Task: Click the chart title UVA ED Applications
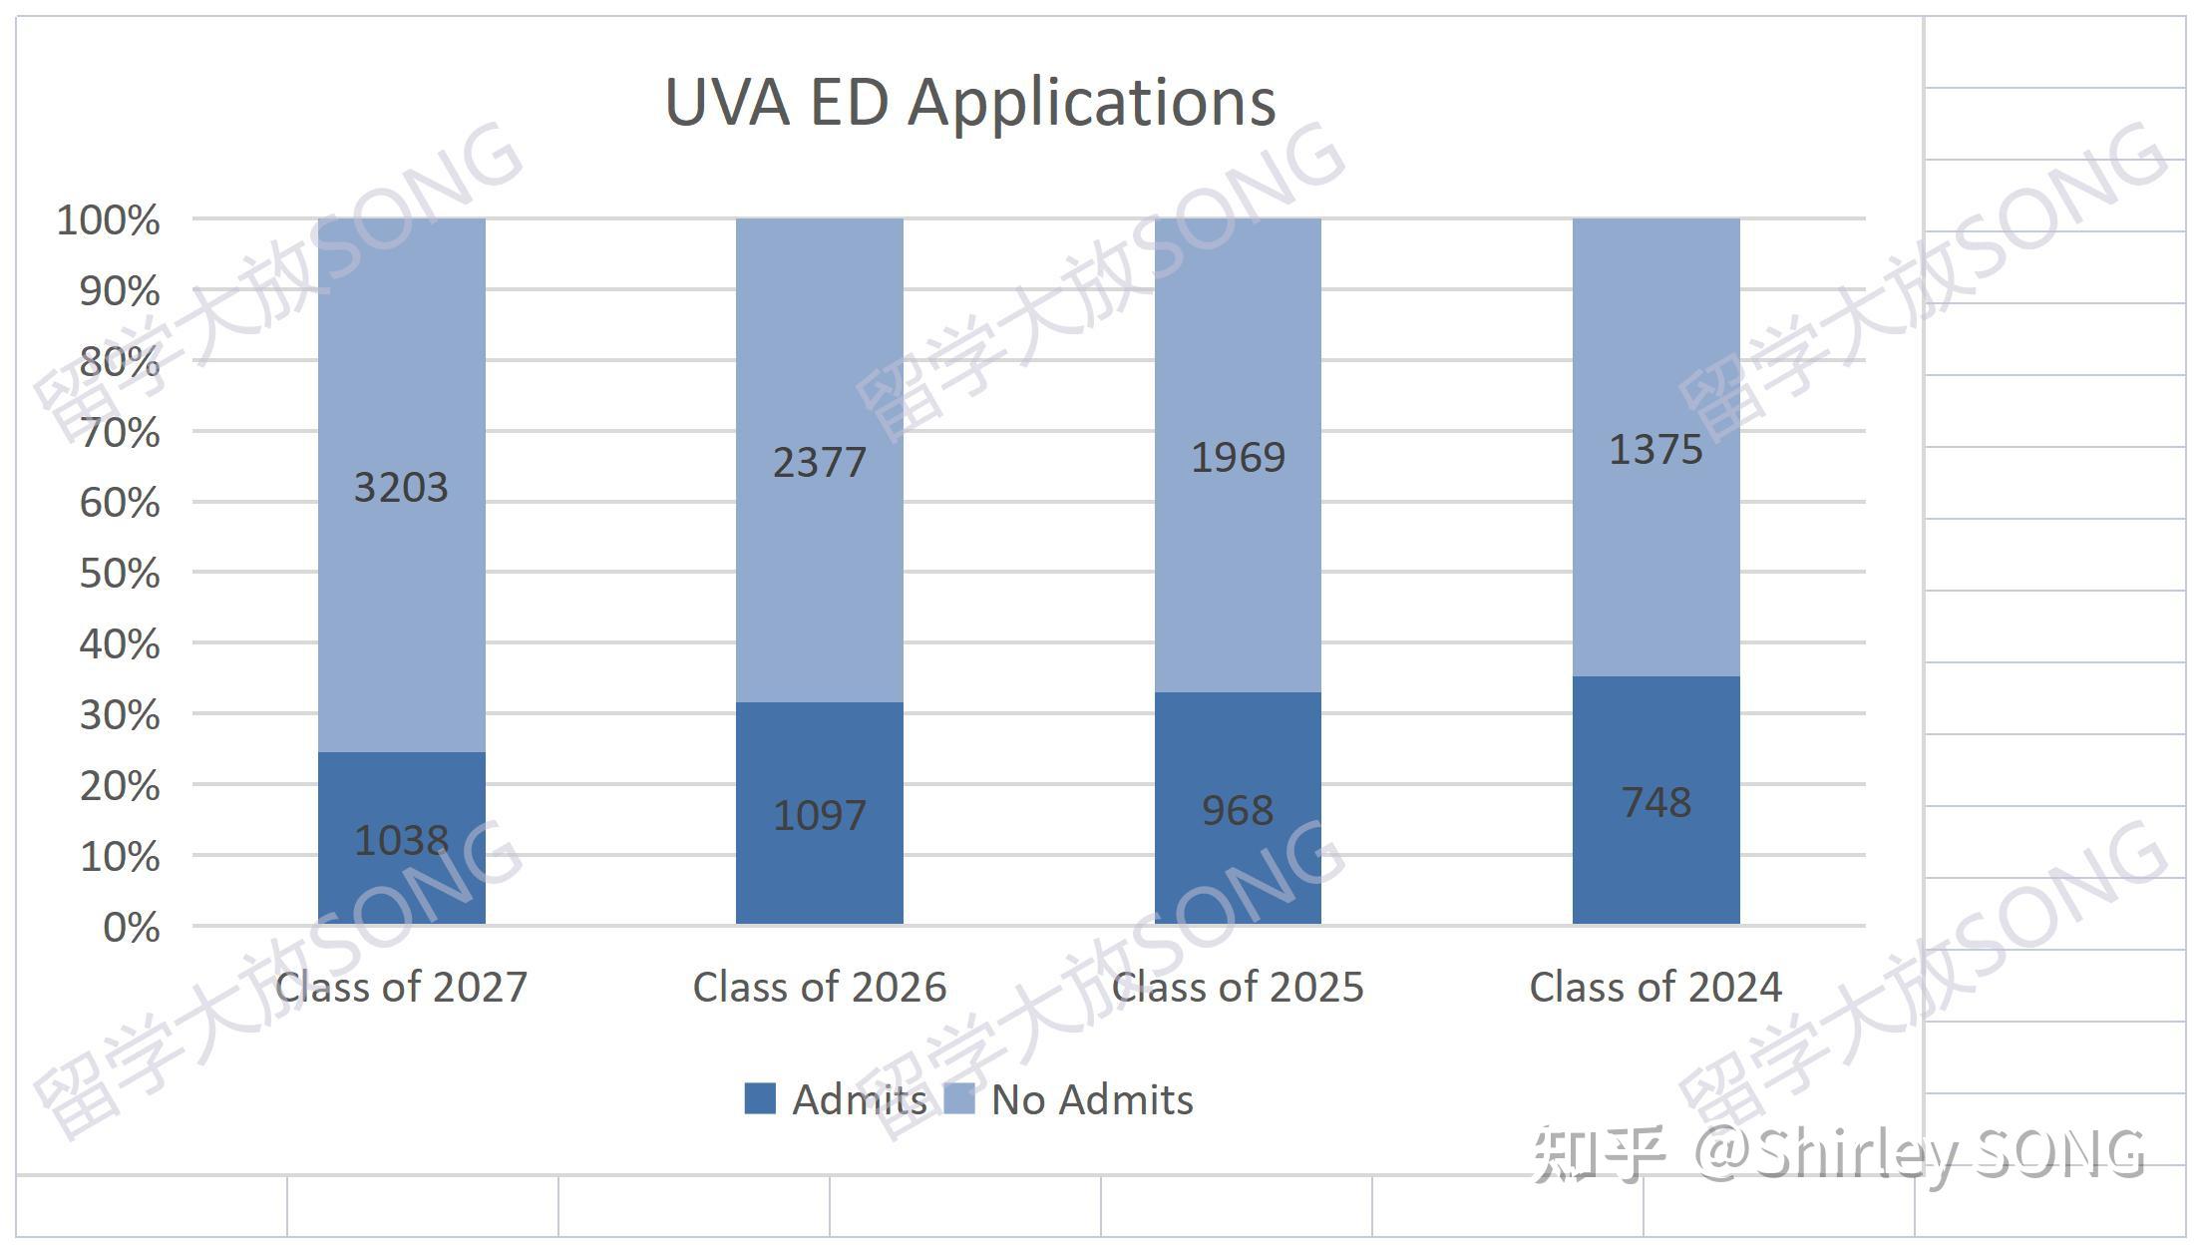coord(969,102)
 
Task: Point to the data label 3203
coord(401,487)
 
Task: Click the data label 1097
coord(819,815)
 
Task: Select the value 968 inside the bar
coord(1238,810)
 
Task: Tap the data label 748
coord(1655,802)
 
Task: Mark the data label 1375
coord(1655,450)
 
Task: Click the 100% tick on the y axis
coord(109,220)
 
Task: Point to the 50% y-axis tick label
coord(120,574)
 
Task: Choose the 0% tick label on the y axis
coord(132,928)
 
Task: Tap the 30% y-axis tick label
coord(120,715)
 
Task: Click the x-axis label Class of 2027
coord(401,988)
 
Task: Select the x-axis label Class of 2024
coord(1655,988)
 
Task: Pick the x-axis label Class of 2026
coord(819,988)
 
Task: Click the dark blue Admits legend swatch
coord(760,1098)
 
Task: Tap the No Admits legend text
coord(1092,1099)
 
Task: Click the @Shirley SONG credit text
coord(1920,1154)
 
